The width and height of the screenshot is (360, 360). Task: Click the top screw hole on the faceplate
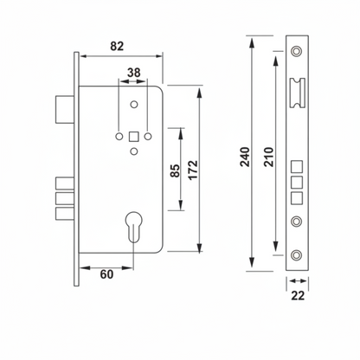[297, 53]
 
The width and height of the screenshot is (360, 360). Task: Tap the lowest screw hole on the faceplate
[297, 254]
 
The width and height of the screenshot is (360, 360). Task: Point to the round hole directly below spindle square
[134, 152]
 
